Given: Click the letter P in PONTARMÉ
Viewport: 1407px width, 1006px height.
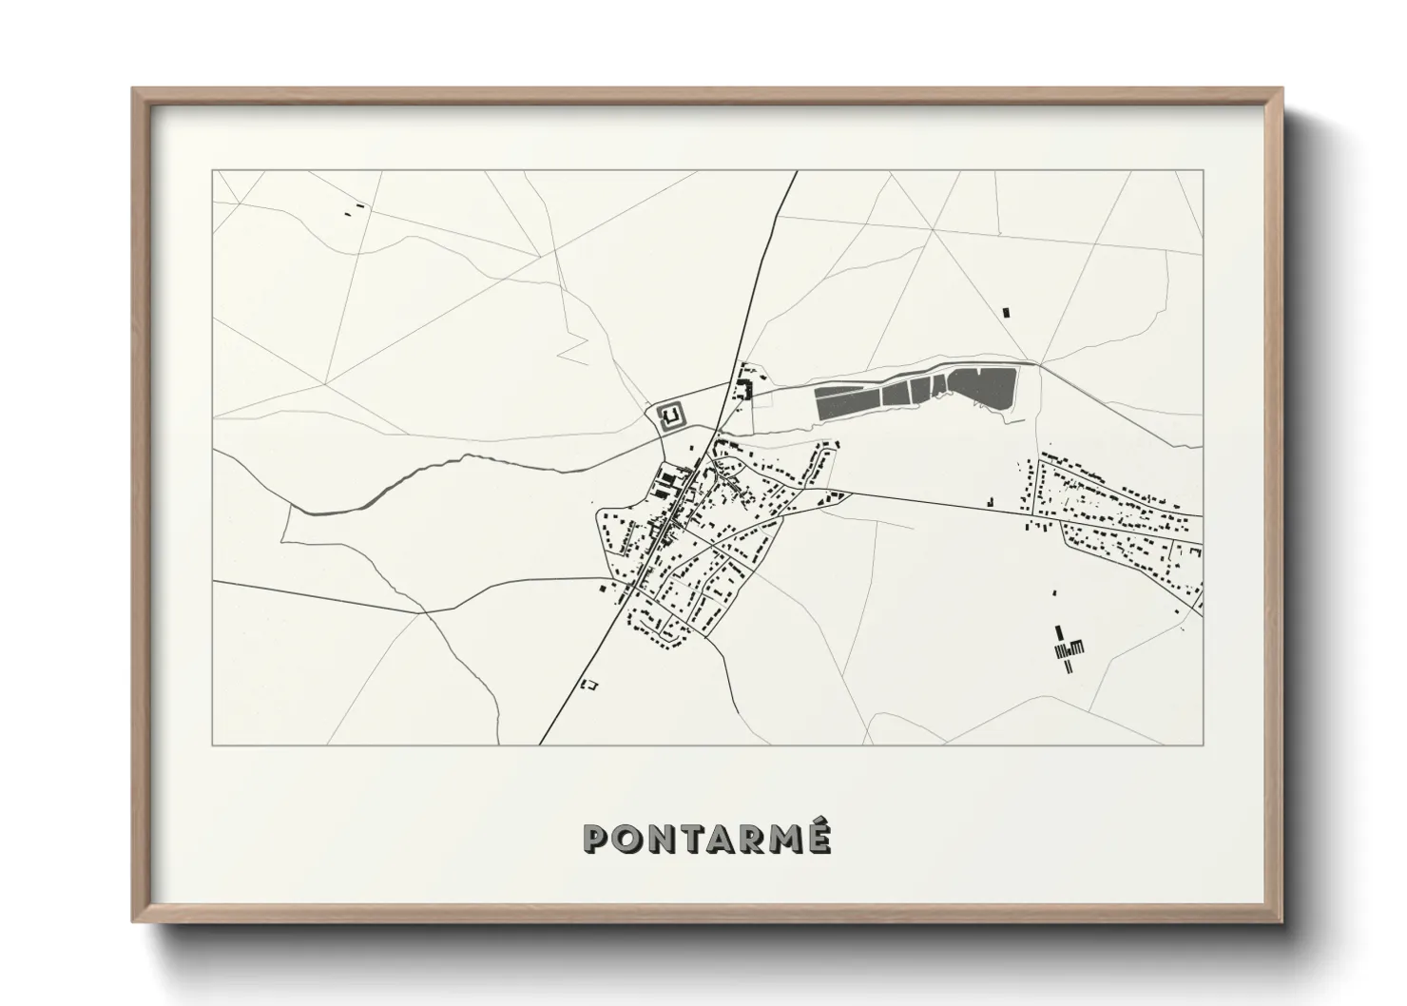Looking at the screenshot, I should pyautogui.click(x=597, y=838).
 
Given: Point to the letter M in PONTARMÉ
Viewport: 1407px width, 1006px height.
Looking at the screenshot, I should pyautogui.click(x=783, y=838).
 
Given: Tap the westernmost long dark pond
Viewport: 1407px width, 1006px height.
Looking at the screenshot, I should pyautogui.click(x=848, y=402).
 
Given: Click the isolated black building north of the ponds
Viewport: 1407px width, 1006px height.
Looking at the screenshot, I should pyautogui.click(x=1006, y=311).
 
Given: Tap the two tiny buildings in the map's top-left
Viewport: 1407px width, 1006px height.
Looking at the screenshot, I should pyautogui.click(x=354, y=209).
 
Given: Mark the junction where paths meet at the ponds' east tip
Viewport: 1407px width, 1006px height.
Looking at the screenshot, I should pyautogui.click(x=1039, y=364).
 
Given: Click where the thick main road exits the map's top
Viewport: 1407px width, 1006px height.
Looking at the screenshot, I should pyautogui.click(x=795, y=172).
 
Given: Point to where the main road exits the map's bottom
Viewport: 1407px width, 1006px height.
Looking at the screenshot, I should pyautogui.click(x=540, y=744).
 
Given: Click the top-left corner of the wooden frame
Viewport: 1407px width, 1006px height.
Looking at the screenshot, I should pyautogui.click(x=133, y=89).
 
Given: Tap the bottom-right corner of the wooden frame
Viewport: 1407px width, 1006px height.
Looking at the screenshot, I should pyautogui.click(x=1282, y=921).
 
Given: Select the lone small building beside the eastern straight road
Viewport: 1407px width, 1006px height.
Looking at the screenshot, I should pyautogui.click(x=989, y=500).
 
